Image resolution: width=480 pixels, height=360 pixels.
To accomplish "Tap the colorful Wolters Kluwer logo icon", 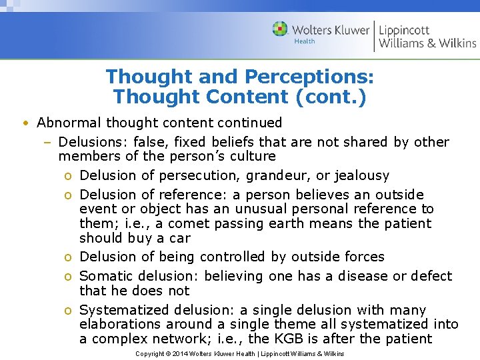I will [x=280, y=29].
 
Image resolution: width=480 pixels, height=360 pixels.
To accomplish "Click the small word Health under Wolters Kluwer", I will [x=305, y=41].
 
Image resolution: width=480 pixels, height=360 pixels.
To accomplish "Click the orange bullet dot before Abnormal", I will [x=24, y=123].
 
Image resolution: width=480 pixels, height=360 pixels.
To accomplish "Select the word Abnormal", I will [x=65, y=123].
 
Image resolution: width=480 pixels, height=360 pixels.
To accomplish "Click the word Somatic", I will [x=105, y=276].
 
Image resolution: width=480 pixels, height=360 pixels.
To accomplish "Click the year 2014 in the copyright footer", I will [x=179, y=353].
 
